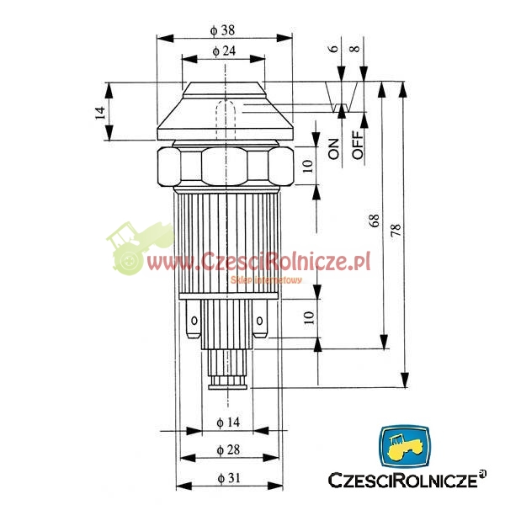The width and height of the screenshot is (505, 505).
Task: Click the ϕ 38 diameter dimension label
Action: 222,30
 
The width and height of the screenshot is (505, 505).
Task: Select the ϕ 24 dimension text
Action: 224,50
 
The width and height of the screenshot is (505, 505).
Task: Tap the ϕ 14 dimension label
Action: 228,422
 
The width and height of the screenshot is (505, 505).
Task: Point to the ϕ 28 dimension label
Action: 228,449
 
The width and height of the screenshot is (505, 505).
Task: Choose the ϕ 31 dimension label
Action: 229,478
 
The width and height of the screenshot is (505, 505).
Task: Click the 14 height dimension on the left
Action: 100,113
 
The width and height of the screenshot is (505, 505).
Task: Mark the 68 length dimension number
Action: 375,221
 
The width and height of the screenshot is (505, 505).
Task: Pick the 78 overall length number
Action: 396,230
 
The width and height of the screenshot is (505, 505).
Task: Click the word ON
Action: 333,149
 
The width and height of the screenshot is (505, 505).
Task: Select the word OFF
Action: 358,145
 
